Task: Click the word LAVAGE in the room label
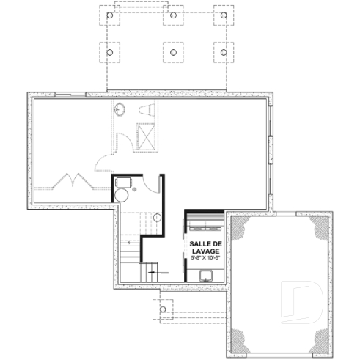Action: point(205,251)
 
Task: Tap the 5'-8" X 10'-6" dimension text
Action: point(205,258)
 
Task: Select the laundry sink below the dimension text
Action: point(207,276)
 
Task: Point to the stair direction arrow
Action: point(152,272)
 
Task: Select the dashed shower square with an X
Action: point(145,136)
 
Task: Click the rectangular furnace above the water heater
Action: point(122,181)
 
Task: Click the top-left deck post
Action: point(109,15)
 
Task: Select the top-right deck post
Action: point(219,15)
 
